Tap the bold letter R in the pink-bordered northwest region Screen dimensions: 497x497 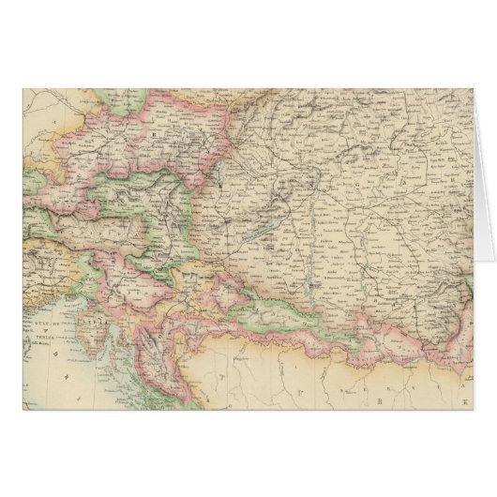(150, 133)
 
